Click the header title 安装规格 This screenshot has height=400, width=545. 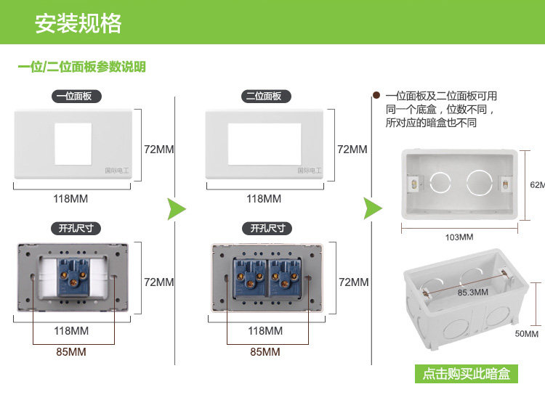(x=78, y=23)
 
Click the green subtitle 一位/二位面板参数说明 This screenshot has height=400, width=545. (x=81, y=67)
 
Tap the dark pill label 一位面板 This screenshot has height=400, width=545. (x=76, y=96)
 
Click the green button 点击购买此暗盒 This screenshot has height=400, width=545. (x=467, y=375)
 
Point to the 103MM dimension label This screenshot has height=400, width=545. (x=459, y=237)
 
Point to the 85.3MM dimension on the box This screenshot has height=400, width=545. (x=472, y=293)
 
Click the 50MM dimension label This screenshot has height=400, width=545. (x=527, y=334)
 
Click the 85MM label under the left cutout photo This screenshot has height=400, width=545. (x=70, y=352)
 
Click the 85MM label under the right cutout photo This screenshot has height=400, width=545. (x=265, y=352)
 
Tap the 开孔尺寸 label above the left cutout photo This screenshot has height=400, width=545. (x=76, y=229)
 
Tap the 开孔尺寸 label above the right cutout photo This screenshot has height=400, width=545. (x=267, y=229)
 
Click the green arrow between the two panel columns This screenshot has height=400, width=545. (x=177, y=209)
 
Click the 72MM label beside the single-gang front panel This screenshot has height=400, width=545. (x=159, y=150)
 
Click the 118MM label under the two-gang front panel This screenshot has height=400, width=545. (x=264, y=198)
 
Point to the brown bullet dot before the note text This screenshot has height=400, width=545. (x=376, y=94)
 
